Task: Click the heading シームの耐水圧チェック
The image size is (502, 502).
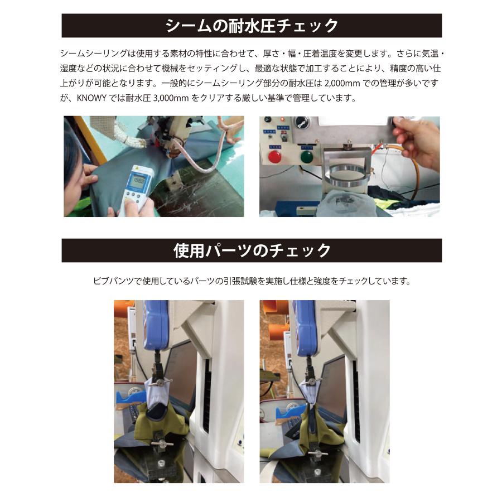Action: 252,26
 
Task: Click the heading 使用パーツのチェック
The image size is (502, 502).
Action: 252,250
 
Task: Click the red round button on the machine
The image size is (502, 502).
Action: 275,156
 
